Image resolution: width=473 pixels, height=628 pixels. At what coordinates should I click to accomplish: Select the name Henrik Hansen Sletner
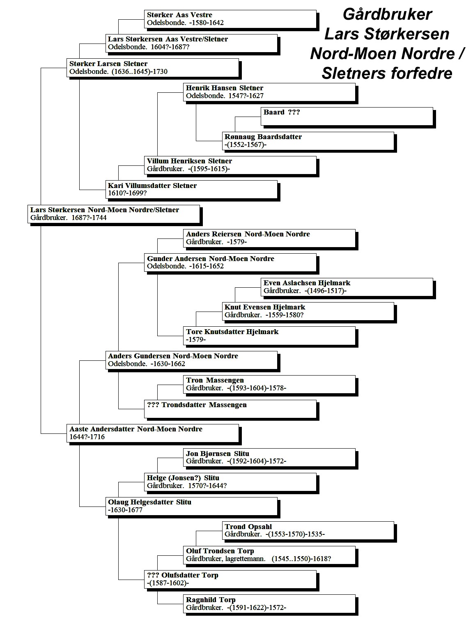224,88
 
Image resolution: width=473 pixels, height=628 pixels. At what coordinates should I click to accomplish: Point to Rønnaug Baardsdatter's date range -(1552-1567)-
245,144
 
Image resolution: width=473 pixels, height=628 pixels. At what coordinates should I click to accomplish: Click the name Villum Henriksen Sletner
189,161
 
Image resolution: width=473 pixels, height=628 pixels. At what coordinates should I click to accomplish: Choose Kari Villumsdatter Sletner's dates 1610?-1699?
127,193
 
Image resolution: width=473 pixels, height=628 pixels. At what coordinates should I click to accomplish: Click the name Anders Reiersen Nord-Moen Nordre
248,234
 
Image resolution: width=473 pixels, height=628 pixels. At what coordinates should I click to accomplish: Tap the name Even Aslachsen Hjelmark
307,283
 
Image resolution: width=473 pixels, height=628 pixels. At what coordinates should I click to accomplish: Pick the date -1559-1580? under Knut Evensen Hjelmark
284,315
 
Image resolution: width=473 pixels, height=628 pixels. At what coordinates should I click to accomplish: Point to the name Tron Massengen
215,380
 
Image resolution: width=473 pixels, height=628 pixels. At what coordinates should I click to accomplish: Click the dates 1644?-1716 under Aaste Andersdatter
87,437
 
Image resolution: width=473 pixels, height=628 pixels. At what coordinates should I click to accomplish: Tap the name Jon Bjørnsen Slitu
218,454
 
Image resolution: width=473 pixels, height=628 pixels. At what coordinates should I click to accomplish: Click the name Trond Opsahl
248,527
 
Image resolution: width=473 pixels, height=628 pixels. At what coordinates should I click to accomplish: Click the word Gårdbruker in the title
387,14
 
